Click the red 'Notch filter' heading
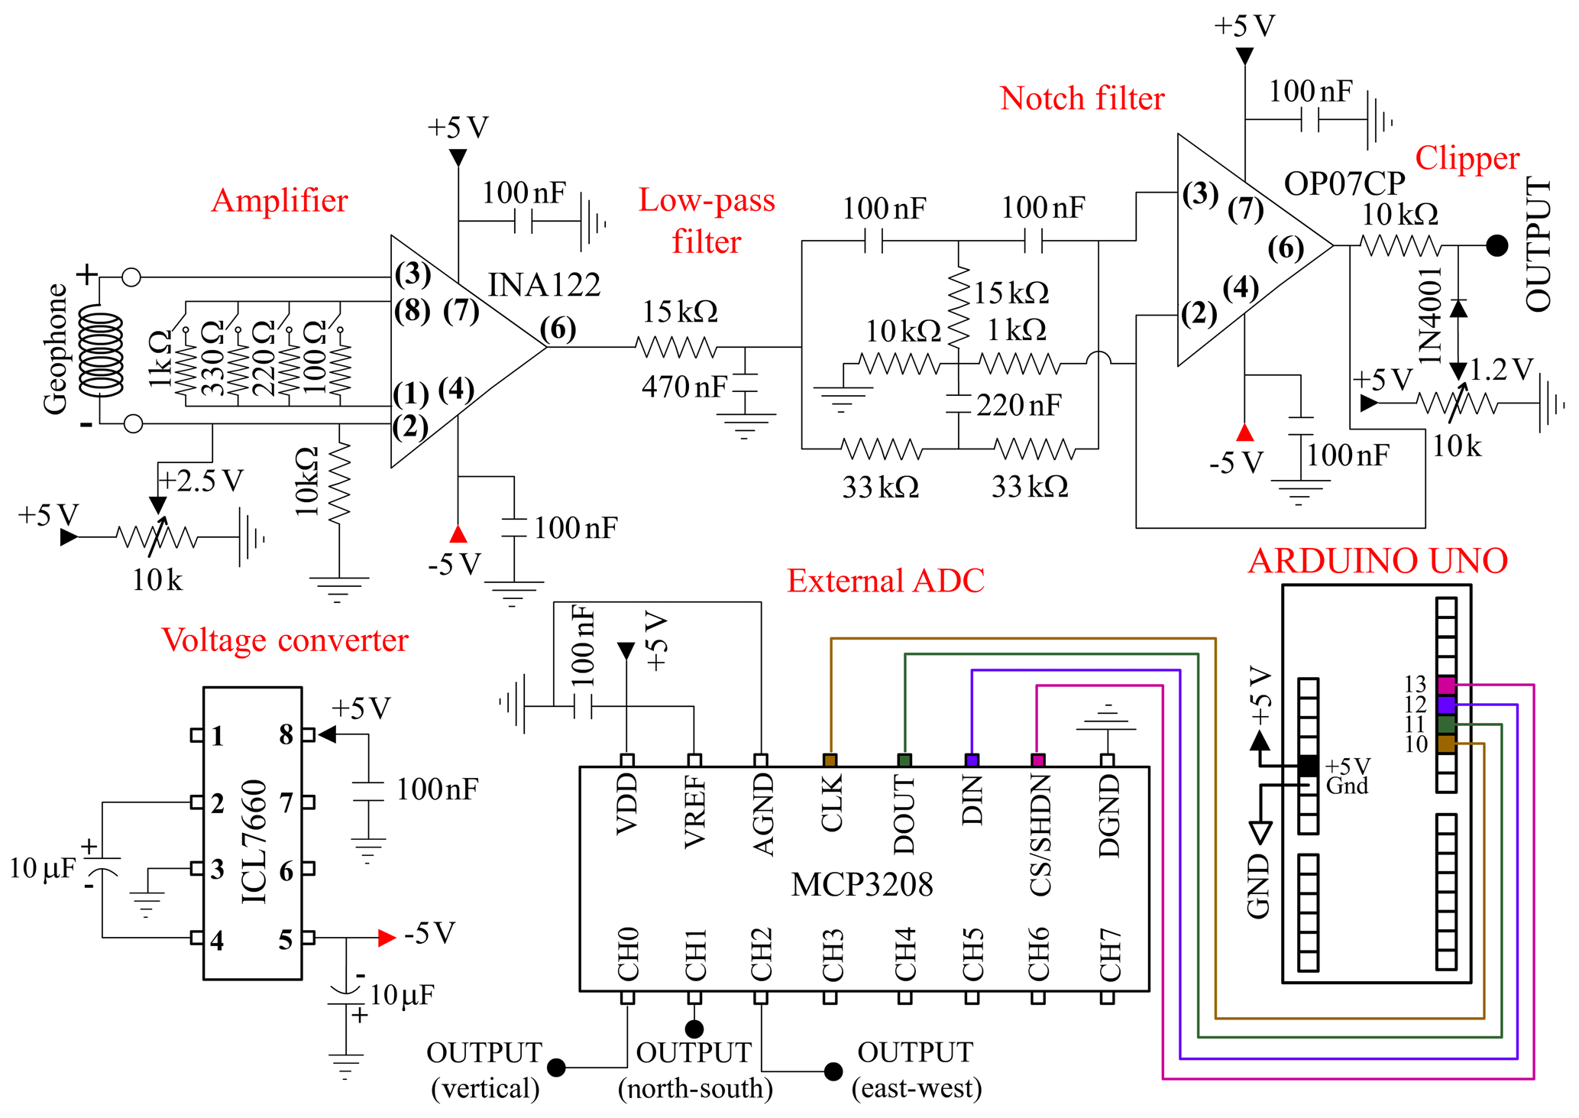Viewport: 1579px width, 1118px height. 1082,99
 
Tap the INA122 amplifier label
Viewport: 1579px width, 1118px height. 544,285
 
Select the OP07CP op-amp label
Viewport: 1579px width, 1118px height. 1344,183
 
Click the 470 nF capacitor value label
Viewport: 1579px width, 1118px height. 684,387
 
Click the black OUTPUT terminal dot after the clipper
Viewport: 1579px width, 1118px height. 1497,245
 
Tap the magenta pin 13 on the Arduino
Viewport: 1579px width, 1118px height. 1446,685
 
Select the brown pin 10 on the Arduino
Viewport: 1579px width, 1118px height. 1446,744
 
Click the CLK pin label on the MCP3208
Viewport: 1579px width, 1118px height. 831,802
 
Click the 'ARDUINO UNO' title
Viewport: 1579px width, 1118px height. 1377,561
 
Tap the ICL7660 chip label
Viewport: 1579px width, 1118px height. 254,841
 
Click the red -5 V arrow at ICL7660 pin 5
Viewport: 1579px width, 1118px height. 387,938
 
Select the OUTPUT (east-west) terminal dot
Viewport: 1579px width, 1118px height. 833,1071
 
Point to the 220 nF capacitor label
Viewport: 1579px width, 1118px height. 1018,405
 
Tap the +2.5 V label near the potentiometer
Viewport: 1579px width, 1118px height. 200,481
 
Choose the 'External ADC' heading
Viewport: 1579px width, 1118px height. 885,581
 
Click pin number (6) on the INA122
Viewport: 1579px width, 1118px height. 558,329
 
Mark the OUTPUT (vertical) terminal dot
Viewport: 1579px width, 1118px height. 557,1067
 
